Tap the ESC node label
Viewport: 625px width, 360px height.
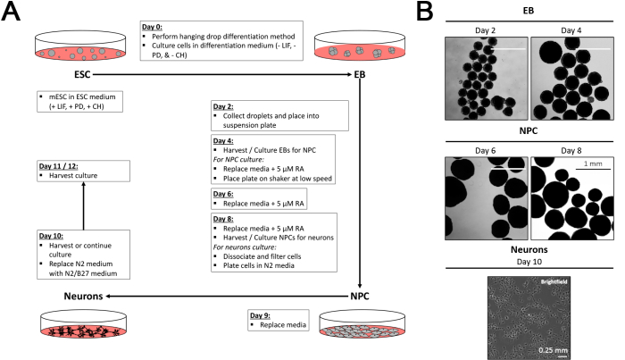(60, 74)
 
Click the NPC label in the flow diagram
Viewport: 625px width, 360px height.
(362, 293)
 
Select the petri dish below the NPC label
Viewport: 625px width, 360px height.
(361, 331)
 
